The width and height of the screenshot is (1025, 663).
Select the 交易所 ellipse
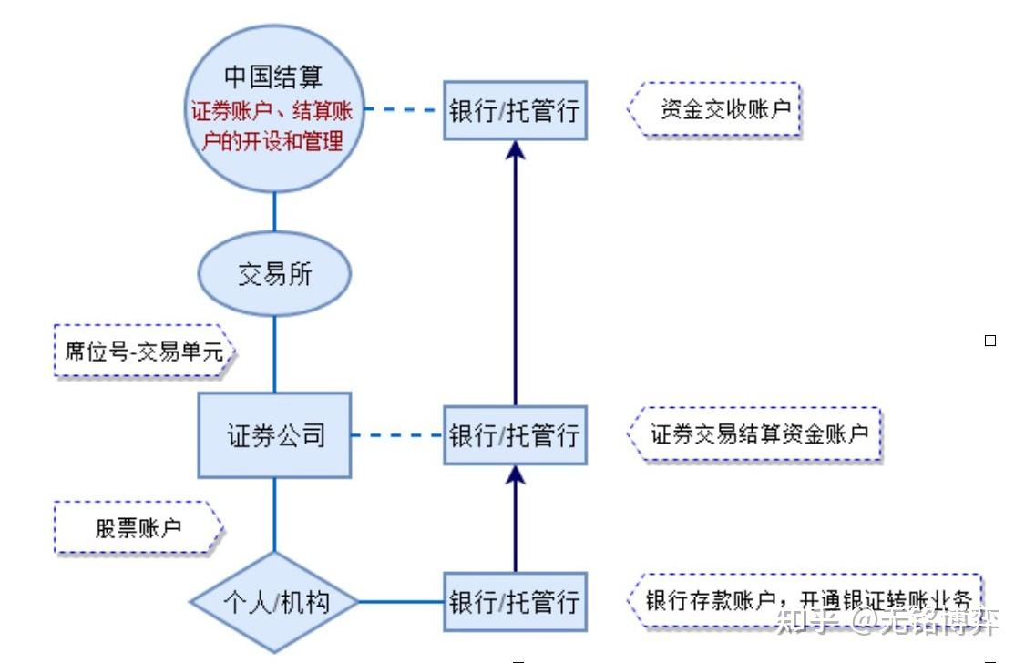(274, 274)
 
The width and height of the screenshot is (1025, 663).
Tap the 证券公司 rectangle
(275, 435)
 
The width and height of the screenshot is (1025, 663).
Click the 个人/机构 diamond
(274, 602)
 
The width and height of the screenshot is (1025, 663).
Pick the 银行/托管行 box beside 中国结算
(515, 111)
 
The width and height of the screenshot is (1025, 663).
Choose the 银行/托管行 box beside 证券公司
(515, 435)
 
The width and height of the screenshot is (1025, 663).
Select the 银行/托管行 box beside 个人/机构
(515, 602)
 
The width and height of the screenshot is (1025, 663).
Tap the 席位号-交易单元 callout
(144, 352)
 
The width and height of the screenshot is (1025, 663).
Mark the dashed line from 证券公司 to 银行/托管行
(397, 435)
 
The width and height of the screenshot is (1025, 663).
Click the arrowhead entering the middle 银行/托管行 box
(516, 474)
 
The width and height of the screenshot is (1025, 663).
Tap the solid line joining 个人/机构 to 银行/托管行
(401, 602)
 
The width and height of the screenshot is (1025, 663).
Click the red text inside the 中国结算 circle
(273, 127)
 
